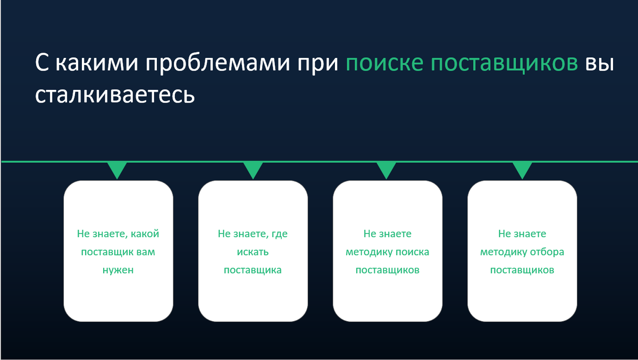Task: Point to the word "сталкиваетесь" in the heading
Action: (114, 95)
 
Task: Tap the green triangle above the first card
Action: (117, 170)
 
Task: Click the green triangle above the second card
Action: (253, 170)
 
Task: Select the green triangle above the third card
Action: (387, 170)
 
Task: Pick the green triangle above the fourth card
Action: (522, 170)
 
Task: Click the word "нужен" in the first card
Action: (118, 270)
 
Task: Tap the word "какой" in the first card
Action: (145, 234)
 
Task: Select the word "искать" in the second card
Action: (253, 252)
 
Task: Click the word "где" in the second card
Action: (280, 234)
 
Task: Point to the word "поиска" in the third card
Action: (413, 252)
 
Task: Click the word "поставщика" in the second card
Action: (253, 270)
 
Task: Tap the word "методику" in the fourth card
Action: (500, 252)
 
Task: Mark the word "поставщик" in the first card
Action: (104, 252)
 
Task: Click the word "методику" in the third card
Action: (365, 252)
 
